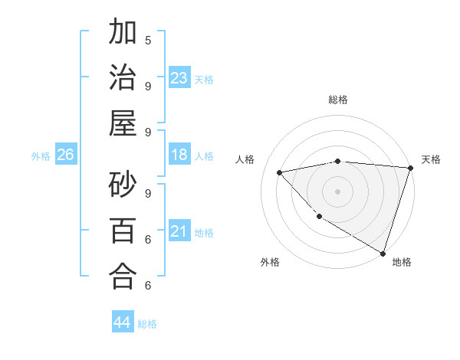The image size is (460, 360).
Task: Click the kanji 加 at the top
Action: (x=123, y=34)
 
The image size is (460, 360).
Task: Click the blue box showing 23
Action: (x=179, y=78)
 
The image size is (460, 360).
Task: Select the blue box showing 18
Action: (x=179, y=155)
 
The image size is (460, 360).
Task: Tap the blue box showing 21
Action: (x=179, y=231)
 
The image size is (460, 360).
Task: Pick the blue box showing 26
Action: (x=65, y=155)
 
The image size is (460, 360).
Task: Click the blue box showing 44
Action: (x=123, y=322)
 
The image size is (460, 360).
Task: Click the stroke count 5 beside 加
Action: (x=148, y=39)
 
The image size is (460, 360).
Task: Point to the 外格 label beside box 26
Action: (x=41, y=156)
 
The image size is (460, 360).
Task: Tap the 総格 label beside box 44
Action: (x=147, y=324)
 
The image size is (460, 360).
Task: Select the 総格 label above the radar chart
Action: (x=337, y=100)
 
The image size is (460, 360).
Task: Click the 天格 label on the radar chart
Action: (x=431, y=159)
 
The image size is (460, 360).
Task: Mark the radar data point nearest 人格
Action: (x=280, y=172)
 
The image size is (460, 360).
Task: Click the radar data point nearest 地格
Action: (x=383, y=253)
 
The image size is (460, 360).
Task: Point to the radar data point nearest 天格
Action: (x=410, y=167)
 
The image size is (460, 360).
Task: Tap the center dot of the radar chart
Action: (x=337, y=191)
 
